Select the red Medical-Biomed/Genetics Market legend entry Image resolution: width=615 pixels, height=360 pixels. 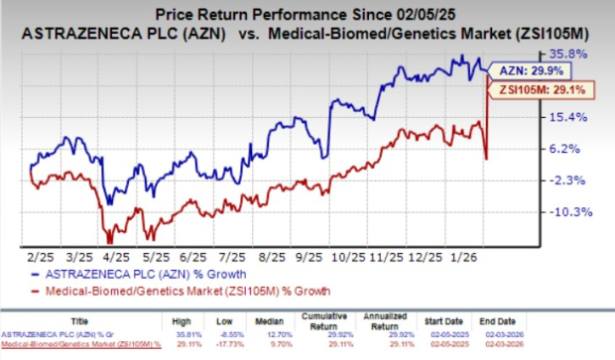pyautogui.click(x=178, y=290)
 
